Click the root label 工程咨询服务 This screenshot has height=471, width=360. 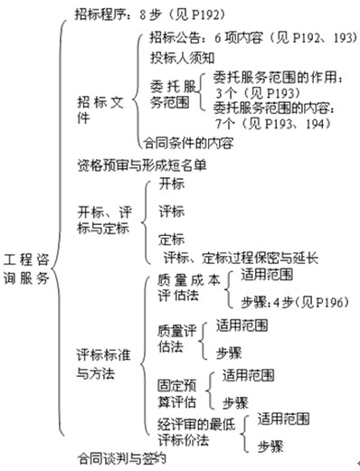pos(25,262)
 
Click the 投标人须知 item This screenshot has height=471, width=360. pos(185,58)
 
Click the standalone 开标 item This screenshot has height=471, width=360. pos(170,184)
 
